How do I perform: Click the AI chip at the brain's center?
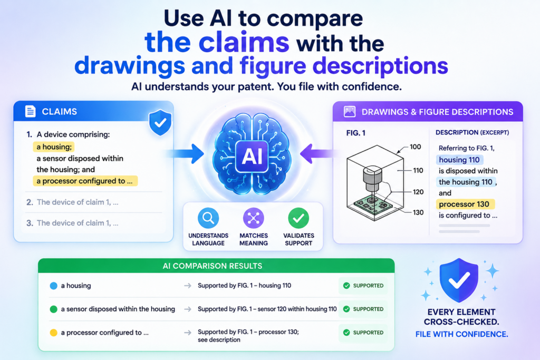(252, 157)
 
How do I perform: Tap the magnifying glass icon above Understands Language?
(208, 218)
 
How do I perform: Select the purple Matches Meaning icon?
(254, 218)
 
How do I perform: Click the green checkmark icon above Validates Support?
(298, 218)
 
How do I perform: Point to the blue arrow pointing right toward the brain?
(186, 153)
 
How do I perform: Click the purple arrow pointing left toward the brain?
(317, 153)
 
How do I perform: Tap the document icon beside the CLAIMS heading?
(30, 111)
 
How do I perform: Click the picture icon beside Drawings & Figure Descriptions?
(350, 112)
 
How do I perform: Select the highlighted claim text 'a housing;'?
(54, 147)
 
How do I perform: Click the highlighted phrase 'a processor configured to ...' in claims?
(85, 181)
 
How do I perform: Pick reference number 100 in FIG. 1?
(416, 147)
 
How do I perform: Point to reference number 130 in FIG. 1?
(418, 212)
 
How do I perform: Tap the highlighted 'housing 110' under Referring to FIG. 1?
(460, 160)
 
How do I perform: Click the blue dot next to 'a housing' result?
(53, 286)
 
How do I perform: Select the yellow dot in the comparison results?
(53, 333)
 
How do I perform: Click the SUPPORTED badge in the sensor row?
(363, 309)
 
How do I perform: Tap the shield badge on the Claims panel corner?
(160, 122)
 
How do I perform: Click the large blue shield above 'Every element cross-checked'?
(459, 280)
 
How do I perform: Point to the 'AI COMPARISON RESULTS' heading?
(213, 266)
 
